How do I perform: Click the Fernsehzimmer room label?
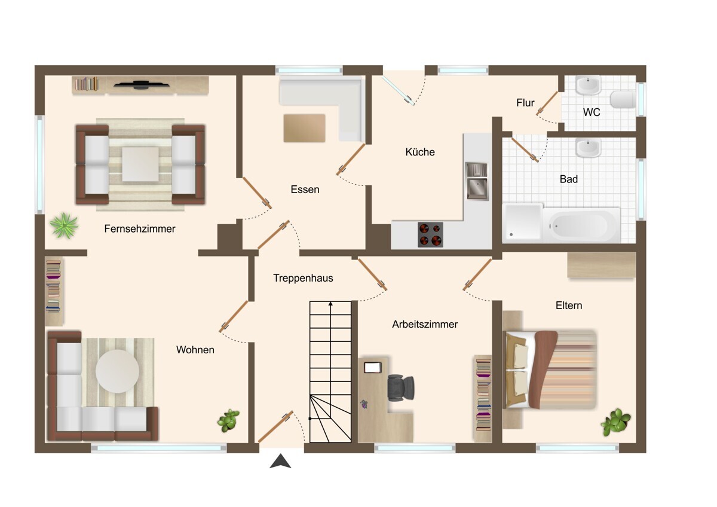140,229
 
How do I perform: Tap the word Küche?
420,152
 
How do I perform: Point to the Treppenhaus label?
303,278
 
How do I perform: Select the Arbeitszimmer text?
425,325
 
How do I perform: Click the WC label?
591,112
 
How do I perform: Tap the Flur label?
525,103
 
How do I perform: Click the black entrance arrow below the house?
280,461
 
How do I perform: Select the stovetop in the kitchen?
430,234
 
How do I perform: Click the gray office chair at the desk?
401,387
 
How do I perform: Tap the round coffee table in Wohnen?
117,371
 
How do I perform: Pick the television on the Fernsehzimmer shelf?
141,85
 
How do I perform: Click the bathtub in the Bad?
581,225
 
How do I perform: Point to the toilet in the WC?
623,99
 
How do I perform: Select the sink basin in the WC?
588,85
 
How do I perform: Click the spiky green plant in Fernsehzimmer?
65,225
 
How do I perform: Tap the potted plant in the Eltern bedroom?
615,422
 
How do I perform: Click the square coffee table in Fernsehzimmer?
140,164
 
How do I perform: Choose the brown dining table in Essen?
304,128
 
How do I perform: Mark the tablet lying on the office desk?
373,367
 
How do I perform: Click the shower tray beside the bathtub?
522,222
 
